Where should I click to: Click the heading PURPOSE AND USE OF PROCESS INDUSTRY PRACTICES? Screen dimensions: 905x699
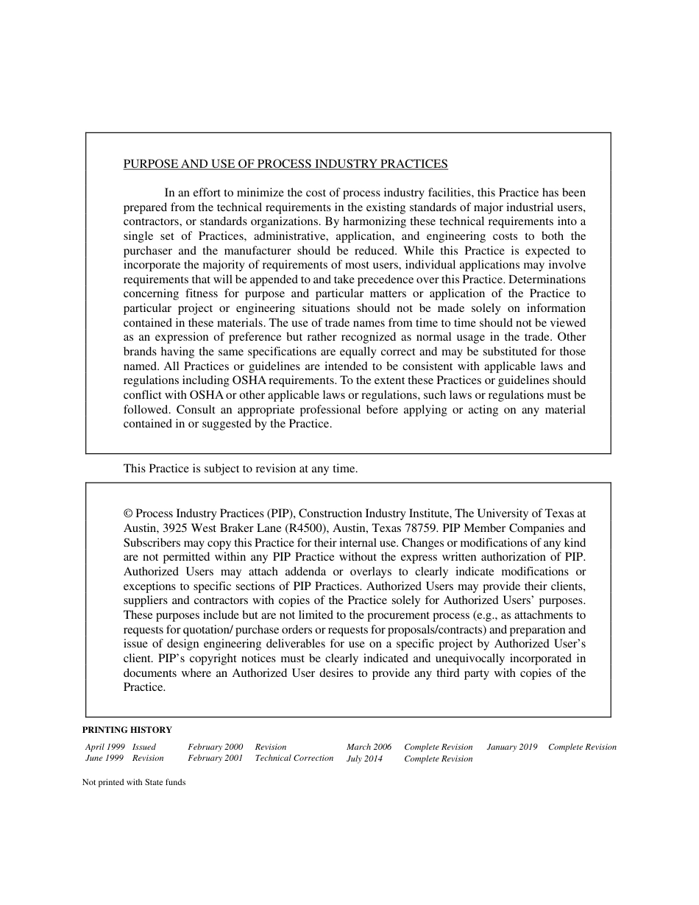click(x=285, y=164)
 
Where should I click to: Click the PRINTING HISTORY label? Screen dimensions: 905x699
click(x=127, y=730)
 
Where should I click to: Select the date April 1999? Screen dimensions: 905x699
click(x=104, y=747)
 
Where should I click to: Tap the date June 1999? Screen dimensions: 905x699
click(x=104, y=759)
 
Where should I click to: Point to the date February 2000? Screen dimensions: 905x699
click(x=215, y=747)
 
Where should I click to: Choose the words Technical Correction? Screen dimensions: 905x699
click(x=294, y=759)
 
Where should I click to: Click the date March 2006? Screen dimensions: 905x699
click(x=369, y=747)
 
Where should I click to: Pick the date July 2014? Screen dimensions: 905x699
click(x=364, y=759)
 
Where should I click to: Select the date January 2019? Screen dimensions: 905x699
click(x=511, y=747)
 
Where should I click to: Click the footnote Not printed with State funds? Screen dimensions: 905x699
click(x=134, y=783)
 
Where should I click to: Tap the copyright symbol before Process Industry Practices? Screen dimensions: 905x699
click(x=128, y=514)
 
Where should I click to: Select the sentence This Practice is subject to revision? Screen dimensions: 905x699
click(x=240, y=469)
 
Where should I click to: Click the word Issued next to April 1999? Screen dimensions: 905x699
click(x=144, y=747)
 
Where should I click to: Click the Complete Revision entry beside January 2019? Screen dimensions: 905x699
click(x=582, y=747)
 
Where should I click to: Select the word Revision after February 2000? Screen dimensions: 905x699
click(x=271, y=747)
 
